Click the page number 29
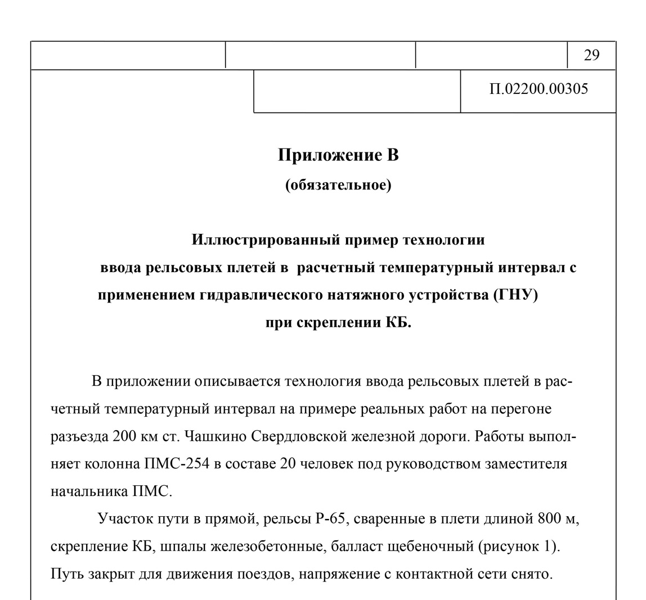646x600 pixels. (591, 55)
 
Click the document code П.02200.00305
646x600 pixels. (539, 90)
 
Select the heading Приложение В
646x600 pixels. (338, 155)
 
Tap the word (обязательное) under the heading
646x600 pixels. (338, 186)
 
